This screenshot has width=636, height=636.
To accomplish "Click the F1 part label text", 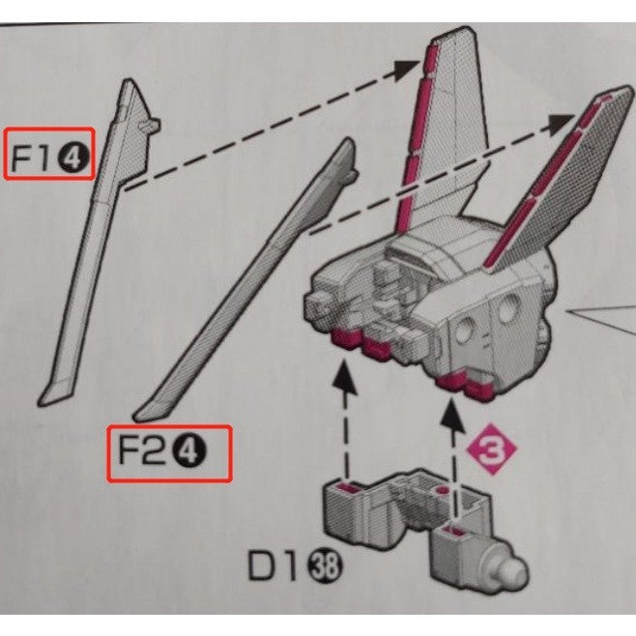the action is pyautogui.click(x=30, y=158).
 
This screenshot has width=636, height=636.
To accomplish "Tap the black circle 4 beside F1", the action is pyautogui.click(x=73, y=159).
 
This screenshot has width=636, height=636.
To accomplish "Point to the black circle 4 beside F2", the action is pyautogui.click(x=189, y=452).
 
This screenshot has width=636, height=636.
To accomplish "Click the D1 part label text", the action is pyautogui.click(x=276, y=565).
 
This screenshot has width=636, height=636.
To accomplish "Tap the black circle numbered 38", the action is pyautogui.click(x=326, y=566).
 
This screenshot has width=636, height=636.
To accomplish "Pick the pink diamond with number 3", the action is pyautogui.click(x=492, y=449).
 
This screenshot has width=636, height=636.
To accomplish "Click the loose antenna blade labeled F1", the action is pyautogui.click(x=100, y=244).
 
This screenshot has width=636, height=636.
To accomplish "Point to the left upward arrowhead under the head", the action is pyautogui.click(x=345, y=377).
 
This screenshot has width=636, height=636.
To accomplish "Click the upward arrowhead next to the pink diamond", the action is pyautogui.click(x=452, y=414).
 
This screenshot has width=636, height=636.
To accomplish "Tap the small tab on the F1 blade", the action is pyautogui.click(x=151, y=125).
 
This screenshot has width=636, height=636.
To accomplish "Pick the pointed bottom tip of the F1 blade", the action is pyautogui.click(x=40, y=404).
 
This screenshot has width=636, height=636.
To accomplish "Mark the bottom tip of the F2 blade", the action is pyautogui.click(x=136, y=417).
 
